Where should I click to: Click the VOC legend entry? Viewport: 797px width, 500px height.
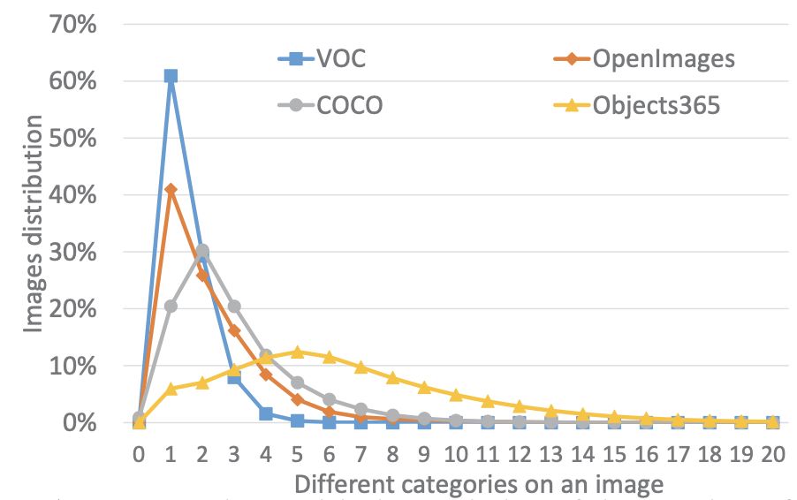click(321, 59)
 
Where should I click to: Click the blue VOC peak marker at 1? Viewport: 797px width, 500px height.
click(171, 76)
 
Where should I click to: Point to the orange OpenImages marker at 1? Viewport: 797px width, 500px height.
click(171, 189)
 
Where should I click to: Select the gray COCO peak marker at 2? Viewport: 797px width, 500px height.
click(202, 251)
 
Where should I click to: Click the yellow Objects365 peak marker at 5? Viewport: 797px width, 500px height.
click(298, 352)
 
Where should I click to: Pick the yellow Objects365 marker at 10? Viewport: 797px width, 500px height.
click(456, 395)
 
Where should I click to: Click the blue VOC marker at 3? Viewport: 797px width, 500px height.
click(234, 377)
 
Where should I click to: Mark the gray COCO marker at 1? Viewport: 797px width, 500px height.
click(171, 307)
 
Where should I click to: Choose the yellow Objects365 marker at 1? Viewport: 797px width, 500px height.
click(171, 389)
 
